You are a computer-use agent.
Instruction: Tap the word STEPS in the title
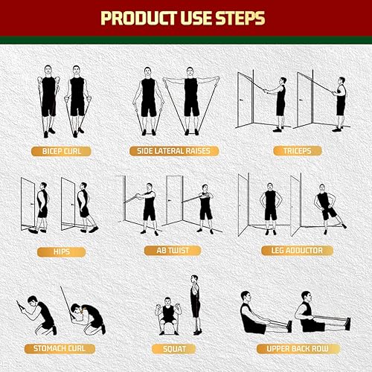(245, 17)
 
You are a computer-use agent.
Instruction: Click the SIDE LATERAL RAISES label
(173, 151)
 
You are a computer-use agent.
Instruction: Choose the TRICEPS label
(292, 151)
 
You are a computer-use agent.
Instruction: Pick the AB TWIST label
(174, 251)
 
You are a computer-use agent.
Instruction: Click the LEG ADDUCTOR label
(292, 251)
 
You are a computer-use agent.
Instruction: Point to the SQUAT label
(173, 347)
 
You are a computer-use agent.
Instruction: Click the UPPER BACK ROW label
(291, 347)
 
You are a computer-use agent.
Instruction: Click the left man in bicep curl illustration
(48, 100)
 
